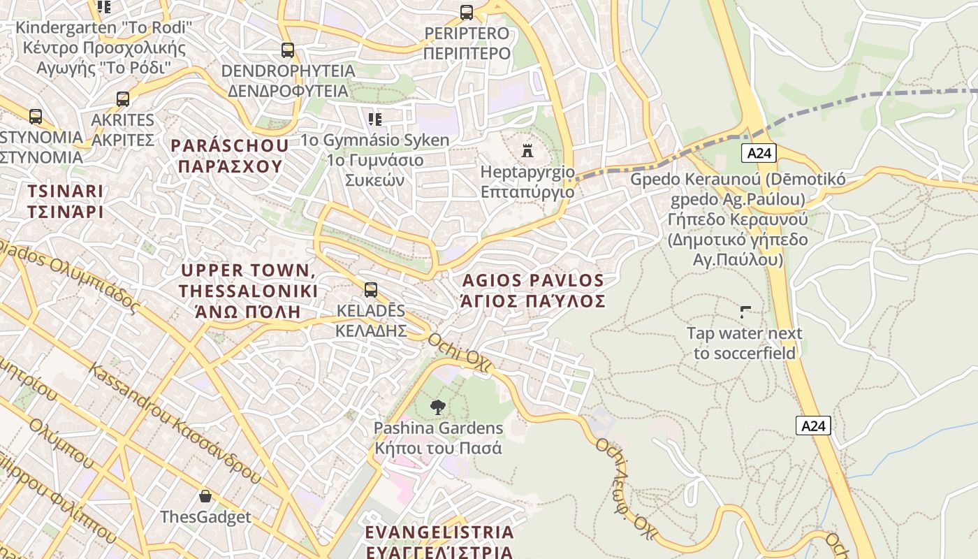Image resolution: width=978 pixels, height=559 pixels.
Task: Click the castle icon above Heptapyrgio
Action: click(527, 150)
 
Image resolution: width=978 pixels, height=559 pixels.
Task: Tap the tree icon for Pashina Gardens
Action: click(438, 407)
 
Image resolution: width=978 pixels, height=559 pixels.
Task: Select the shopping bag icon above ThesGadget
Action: click(205, 496)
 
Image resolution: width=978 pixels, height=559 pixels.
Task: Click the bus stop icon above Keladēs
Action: click(371, 289)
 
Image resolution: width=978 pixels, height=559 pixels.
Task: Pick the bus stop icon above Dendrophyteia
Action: click(288, 50)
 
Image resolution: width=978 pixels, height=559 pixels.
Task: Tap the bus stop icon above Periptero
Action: click(467, 13)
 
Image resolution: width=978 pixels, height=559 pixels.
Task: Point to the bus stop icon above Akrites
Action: click(123, 99)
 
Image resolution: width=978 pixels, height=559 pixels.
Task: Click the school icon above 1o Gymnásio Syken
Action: click(375, 119)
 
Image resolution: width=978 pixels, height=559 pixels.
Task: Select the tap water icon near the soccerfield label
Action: click(745, 312)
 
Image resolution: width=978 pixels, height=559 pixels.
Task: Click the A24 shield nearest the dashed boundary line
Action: click(759, 153)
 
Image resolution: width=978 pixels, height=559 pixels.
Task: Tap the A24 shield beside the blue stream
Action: click(813, 426)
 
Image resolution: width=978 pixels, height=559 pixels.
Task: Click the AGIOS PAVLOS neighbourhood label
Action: click(533, 291)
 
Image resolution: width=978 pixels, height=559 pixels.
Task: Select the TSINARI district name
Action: click(65, 201)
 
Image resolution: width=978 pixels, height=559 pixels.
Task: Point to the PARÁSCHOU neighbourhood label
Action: click(230, 156)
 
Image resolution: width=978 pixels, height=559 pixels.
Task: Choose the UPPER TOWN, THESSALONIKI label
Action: click(248, 291)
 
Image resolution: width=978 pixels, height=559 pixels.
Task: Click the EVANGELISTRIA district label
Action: click(439, 542)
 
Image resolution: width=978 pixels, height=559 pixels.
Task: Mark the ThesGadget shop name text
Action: click(205, 517)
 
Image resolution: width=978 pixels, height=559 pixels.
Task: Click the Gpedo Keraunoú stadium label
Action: click(738, 219)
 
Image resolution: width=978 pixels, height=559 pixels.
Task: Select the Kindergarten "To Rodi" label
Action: click(104, 48)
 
